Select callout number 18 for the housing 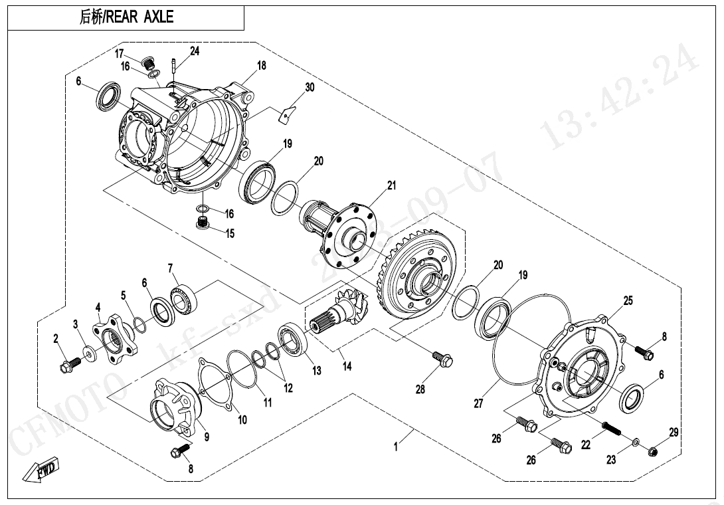pos(261,65)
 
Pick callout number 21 pos(391,185)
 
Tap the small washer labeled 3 pos(88,352)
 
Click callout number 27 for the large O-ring pos(478,403)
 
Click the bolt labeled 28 pos(442,359)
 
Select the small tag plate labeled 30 pos(285,114)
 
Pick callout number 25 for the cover pos(628,301)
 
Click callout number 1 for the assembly pos(396,447)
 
